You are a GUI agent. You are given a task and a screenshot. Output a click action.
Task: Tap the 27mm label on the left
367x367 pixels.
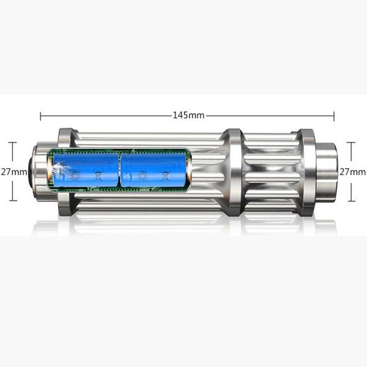13,172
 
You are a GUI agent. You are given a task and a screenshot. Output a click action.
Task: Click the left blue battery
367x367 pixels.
86,169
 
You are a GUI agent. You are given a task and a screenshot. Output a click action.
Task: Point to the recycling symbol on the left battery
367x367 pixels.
75,176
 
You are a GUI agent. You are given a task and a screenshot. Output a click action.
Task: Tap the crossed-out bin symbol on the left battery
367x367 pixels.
98,176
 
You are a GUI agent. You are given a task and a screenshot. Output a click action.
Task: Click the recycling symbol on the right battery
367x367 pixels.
143,176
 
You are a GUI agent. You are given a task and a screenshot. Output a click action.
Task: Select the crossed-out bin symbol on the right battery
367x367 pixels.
165,176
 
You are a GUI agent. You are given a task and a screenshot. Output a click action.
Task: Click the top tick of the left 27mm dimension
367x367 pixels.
13,143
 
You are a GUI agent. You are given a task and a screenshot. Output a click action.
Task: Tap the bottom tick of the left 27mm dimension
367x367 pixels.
13,201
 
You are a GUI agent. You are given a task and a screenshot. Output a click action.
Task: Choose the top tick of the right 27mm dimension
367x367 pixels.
350,143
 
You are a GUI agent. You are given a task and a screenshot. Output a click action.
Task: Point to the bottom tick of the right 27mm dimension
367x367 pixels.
350,201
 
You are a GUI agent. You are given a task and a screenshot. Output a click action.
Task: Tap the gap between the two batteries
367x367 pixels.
120,169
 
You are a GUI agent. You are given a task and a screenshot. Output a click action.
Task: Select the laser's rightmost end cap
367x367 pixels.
327,172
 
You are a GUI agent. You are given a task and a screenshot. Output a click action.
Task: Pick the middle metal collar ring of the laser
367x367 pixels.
233,172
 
